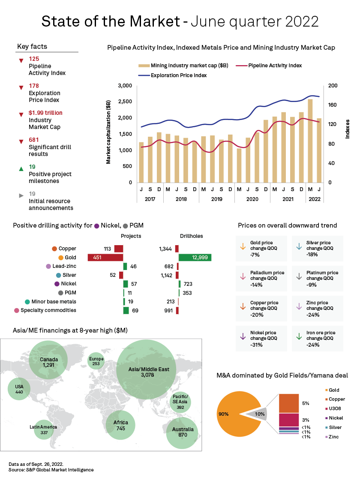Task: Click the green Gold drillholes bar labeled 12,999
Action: [195, 257]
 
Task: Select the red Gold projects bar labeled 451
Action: [105, 257]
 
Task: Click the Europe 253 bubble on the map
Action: [96, 361]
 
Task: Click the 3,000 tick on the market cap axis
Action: [124, 86]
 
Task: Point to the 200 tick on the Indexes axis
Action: [333, 86]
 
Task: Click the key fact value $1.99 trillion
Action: [45, 113]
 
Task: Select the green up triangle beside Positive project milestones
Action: [21, 169]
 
